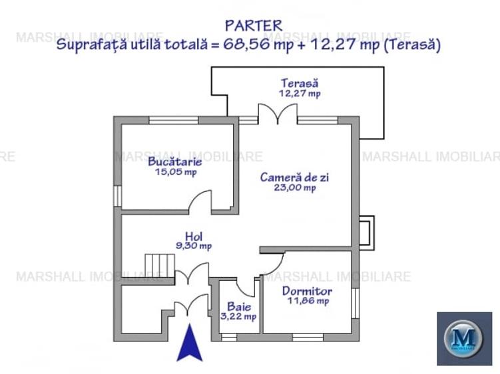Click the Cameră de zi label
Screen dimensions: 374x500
coord(295,177)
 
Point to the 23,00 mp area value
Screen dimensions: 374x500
coord(295,188)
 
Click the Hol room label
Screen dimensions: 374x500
coord(194,236)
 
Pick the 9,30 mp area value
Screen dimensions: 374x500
coord(194,246)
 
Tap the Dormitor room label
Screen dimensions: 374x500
coord(307,291)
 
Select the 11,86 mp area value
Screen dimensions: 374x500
coord(307,301)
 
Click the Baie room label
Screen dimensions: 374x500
coord(238,306)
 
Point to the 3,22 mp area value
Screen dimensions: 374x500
coord(238,317)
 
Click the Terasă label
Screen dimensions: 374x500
coord(299,84)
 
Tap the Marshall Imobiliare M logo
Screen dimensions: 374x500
coord(463,338)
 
